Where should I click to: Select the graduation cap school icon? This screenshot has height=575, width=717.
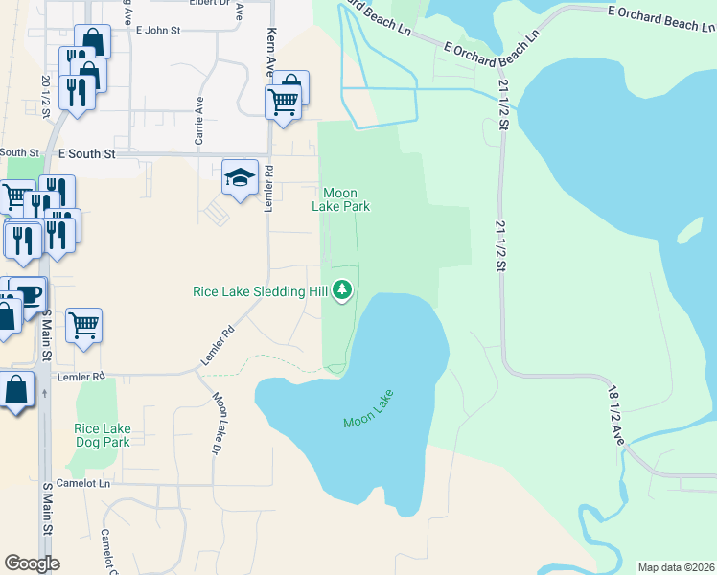[x=240, y=177]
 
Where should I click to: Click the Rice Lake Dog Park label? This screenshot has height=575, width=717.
[x=103, y=435]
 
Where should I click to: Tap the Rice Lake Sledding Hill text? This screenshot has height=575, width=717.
[x=260, y=291]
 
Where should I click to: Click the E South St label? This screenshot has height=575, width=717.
[x=86, y=153]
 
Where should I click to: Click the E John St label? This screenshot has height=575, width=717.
[x=158, y=31]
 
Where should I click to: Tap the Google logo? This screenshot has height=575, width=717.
[x=32, y=563]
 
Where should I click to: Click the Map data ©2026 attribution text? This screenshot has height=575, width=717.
[x=675, y=567]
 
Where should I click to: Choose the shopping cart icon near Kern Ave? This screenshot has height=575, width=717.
[x=283, y=101]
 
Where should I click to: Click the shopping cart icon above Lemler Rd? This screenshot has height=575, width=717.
[x=83, y=325]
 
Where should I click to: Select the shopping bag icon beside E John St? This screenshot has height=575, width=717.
[x=92, y=40]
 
